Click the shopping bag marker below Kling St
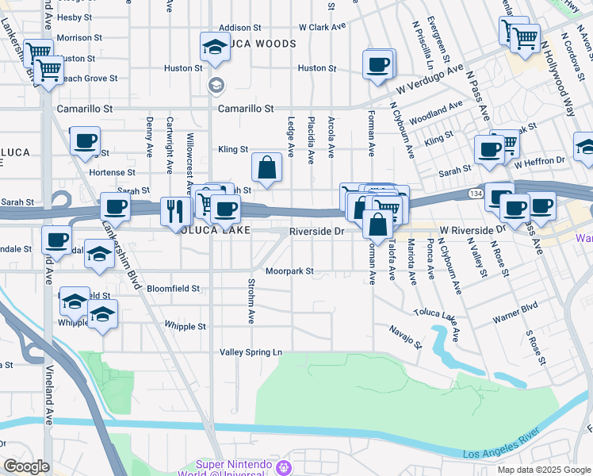(x=267, y=168)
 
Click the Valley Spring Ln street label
(x=251, y=351)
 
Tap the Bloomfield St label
(x=173, y=289)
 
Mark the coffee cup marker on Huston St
(x=378, y=65)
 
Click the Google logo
(x=26, y=466)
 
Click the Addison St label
(x=239, y=27)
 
